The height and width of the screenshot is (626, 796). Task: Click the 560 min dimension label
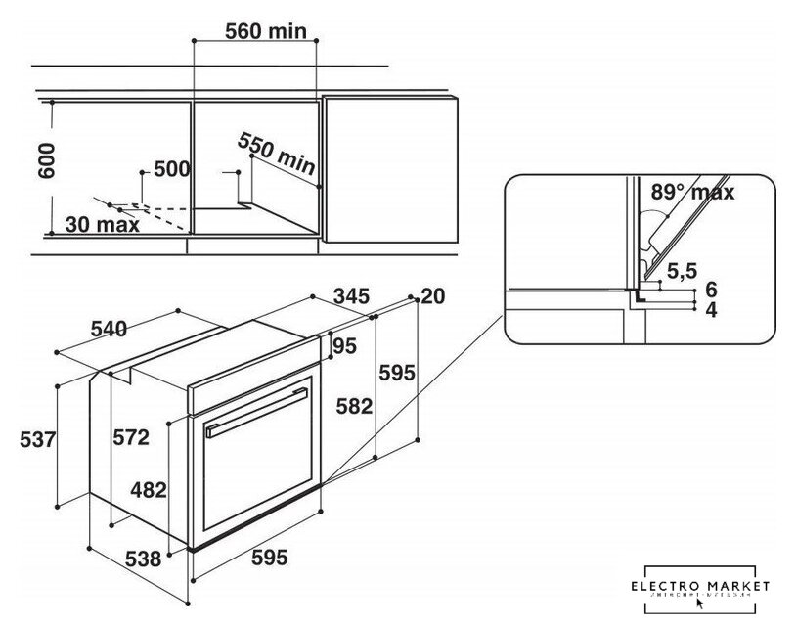pos(266,31)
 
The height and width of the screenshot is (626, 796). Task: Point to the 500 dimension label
pos(171,169)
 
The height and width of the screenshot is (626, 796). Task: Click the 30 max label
pos(103,225)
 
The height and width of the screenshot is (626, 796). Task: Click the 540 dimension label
pos(108,330)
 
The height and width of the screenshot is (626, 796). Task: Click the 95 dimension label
pos(343,346)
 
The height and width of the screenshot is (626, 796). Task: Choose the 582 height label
pos(354,406)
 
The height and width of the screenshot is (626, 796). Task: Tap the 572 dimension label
pos(129,437)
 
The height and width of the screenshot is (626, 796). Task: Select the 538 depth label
pos(144,560)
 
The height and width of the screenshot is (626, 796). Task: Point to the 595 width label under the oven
pos(269,559)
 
